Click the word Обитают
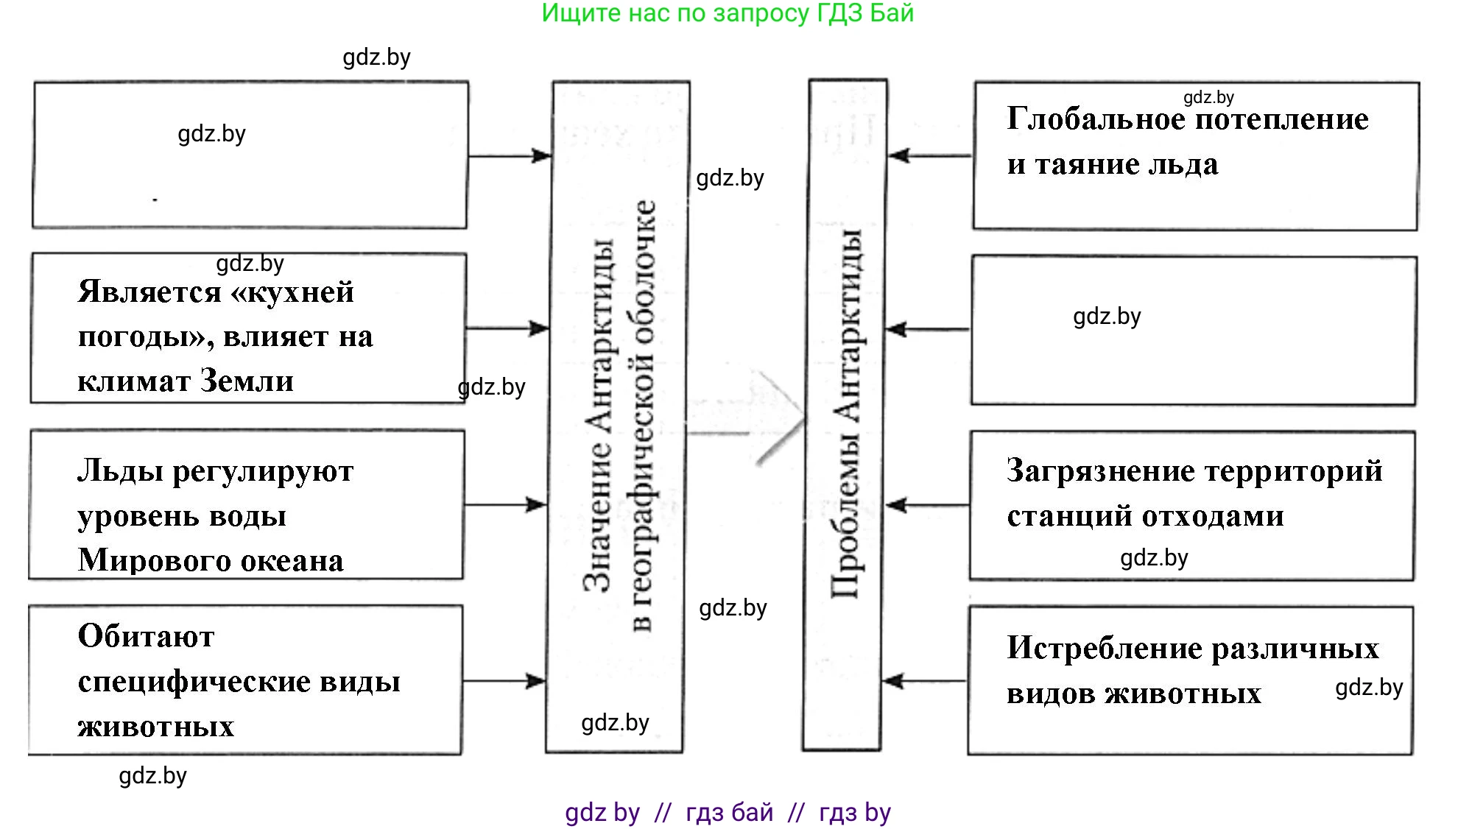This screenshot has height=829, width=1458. point(146,637)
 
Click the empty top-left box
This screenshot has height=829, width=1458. point(250,155)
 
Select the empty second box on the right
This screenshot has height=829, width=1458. point(1193,331)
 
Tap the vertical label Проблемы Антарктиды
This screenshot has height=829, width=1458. point(847,412)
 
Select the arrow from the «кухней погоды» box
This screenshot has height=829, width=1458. point(508,328)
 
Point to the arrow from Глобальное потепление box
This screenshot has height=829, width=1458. point(929,155)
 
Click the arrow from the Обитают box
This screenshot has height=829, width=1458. point(504,681)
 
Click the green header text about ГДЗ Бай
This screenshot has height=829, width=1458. point(728,13)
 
